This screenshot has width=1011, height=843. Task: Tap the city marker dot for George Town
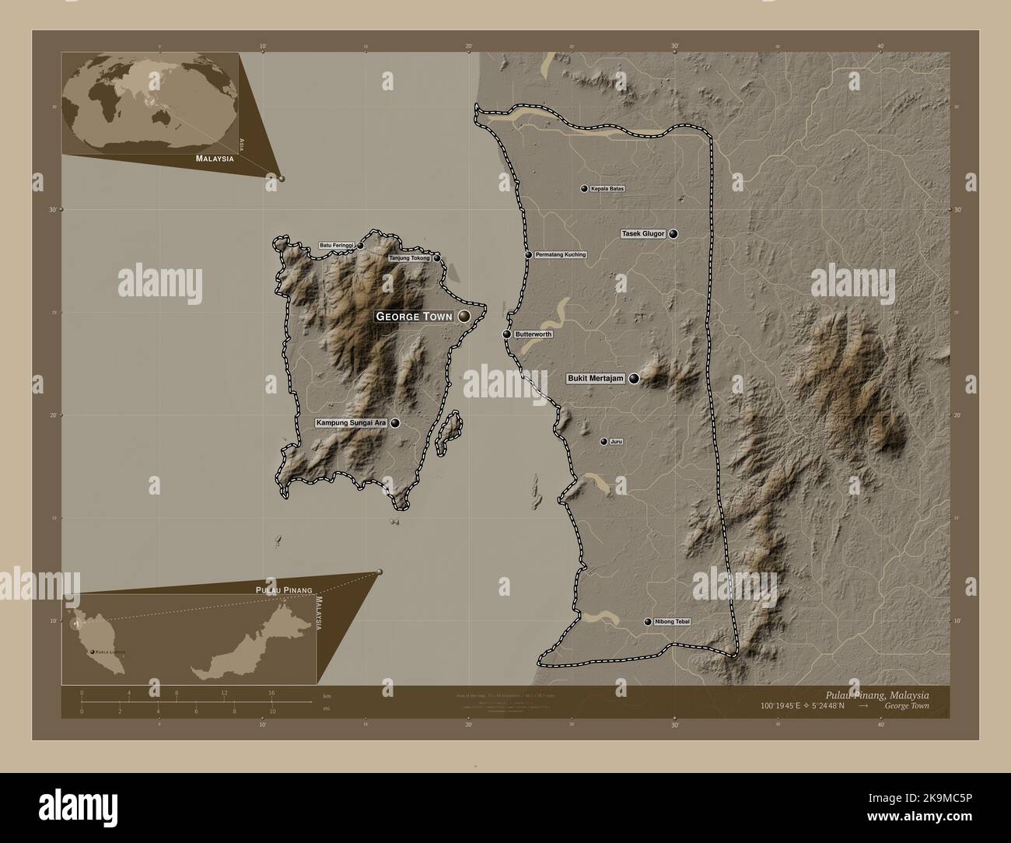click(464, 316)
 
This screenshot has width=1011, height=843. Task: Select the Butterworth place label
click(533, 334)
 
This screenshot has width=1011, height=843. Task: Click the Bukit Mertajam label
click(596, 379)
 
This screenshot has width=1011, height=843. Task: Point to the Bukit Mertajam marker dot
click(634, 379)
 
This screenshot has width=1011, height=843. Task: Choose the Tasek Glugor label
click(643, 233)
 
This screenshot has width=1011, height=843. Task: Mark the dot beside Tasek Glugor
click(673, 233)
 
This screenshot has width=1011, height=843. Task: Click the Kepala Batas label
click(607, 188)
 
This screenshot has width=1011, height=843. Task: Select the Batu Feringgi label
click(337, 246)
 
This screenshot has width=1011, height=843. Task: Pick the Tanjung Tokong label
click(409, 257)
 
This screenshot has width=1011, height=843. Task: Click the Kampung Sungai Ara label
click(351, 423)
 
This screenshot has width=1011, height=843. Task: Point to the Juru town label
click(616, 442)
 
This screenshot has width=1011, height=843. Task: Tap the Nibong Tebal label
click(672, 622)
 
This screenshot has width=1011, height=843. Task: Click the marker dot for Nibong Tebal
click(648, 622)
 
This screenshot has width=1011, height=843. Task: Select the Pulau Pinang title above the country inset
click(283, 591)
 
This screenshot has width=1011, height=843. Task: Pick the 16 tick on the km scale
click(271, 692)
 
